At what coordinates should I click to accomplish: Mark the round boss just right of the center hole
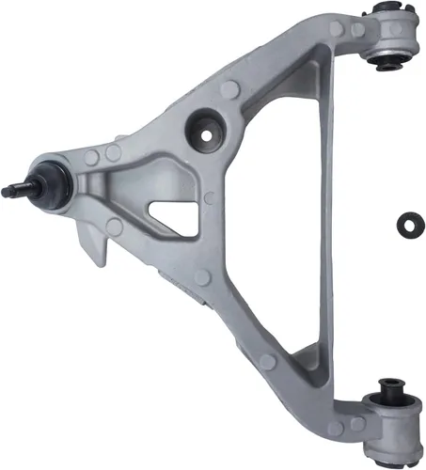(x=231, y=91)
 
